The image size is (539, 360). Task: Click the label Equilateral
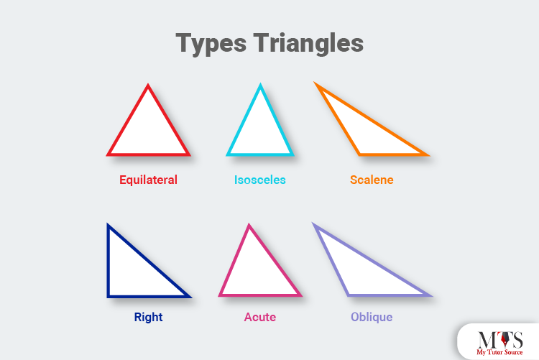click(x=148, y=180)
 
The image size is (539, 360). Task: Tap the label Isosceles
click(x=260, y=180)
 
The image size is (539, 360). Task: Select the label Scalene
click(x=372, y=180)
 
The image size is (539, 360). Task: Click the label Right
click(x=148, y=317)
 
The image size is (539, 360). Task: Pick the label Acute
click(x=259, y=317)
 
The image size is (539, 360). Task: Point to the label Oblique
click(x=372, y=317)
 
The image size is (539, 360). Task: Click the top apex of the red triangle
click(x=148, y=87)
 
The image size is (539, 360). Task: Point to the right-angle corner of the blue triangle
click(x=109, y=295)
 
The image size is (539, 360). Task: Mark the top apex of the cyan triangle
click(x=260, y=86)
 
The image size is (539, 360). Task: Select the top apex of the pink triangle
click(x=249, y=227)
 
